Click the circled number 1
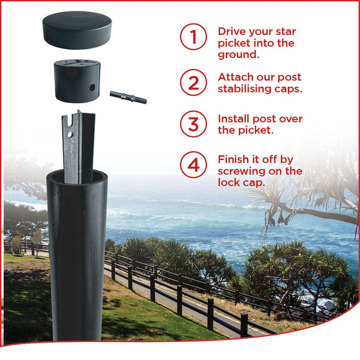click(193, 37)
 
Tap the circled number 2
click(193, 82)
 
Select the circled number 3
click(193, 124)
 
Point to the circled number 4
click(193, 164)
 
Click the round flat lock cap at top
click(77, 30)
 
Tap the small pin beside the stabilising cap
click(128, 97)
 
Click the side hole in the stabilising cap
click(92, 88)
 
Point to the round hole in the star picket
click(70, 134)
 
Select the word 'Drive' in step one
click(232, 31)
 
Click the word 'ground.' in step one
click(239, 55)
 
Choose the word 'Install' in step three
click(234, 119)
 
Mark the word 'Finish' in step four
click(233, 160)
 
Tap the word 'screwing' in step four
click(242, 171)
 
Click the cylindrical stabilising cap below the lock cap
click(77, 81)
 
